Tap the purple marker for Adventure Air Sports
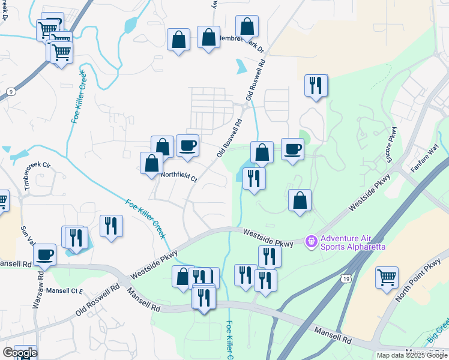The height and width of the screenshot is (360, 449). coord(311,242)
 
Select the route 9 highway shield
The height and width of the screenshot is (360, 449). coord(11,91)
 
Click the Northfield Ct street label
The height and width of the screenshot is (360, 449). coord(179,177)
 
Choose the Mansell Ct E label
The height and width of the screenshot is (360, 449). coord(67,291)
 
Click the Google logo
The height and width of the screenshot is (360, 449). coord(19,353)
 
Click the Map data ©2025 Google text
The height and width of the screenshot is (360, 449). coord(411,355)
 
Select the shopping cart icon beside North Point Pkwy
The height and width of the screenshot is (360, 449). coord(387,278)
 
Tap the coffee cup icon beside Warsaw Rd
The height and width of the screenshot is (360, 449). coord(45,254)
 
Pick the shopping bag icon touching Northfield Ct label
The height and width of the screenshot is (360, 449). coord(151,163)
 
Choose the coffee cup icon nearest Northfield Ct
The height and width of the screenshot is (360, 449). coord(187,146)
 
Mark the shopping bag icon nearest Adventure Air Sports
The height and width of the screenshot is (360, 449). coord(300,200)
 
